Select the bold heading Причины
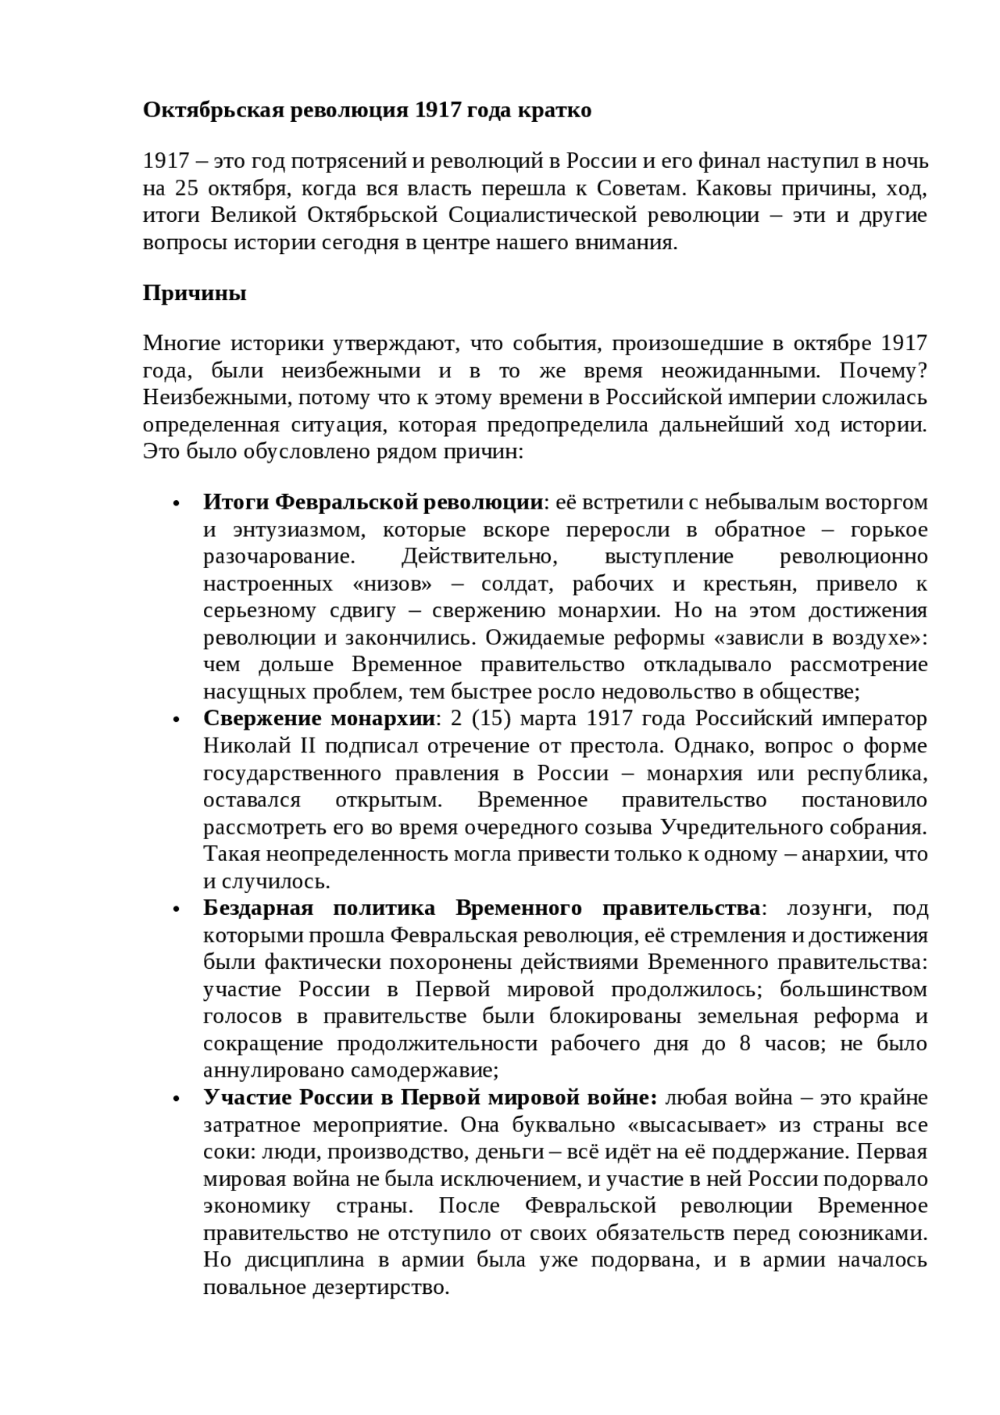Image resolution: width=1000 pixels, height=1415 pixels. (x=195, y=294)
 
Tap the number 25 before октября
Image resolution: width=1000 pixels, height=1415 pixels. (x=188, y=189)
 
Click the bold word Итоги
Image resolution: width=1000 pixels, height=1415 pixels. (x=237, y=502)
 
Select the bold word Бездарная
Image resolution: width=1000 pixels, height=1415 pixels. (x=258, y=909)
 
